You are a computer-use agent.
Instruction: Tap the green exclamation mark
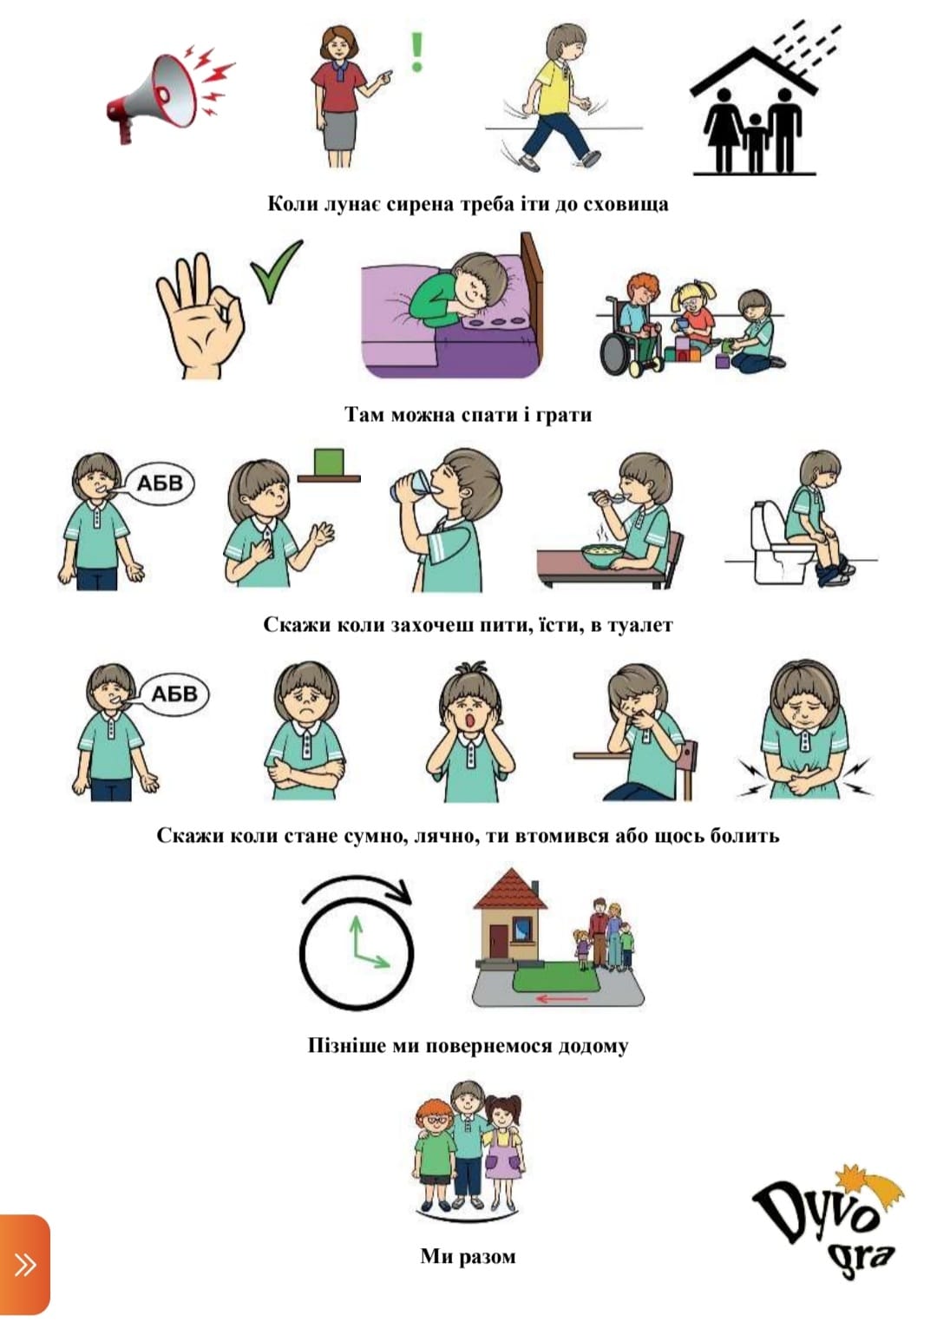417,51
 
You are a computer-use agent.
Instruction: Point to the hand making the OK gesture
200,316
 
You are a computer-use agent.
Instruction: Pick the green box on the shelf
329,462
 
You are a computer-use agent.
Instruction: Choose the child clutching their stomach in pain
805,731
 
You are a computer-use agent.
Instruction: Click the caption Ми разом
468,1256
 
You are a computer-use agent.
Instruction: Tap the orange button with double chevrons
24,1264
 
